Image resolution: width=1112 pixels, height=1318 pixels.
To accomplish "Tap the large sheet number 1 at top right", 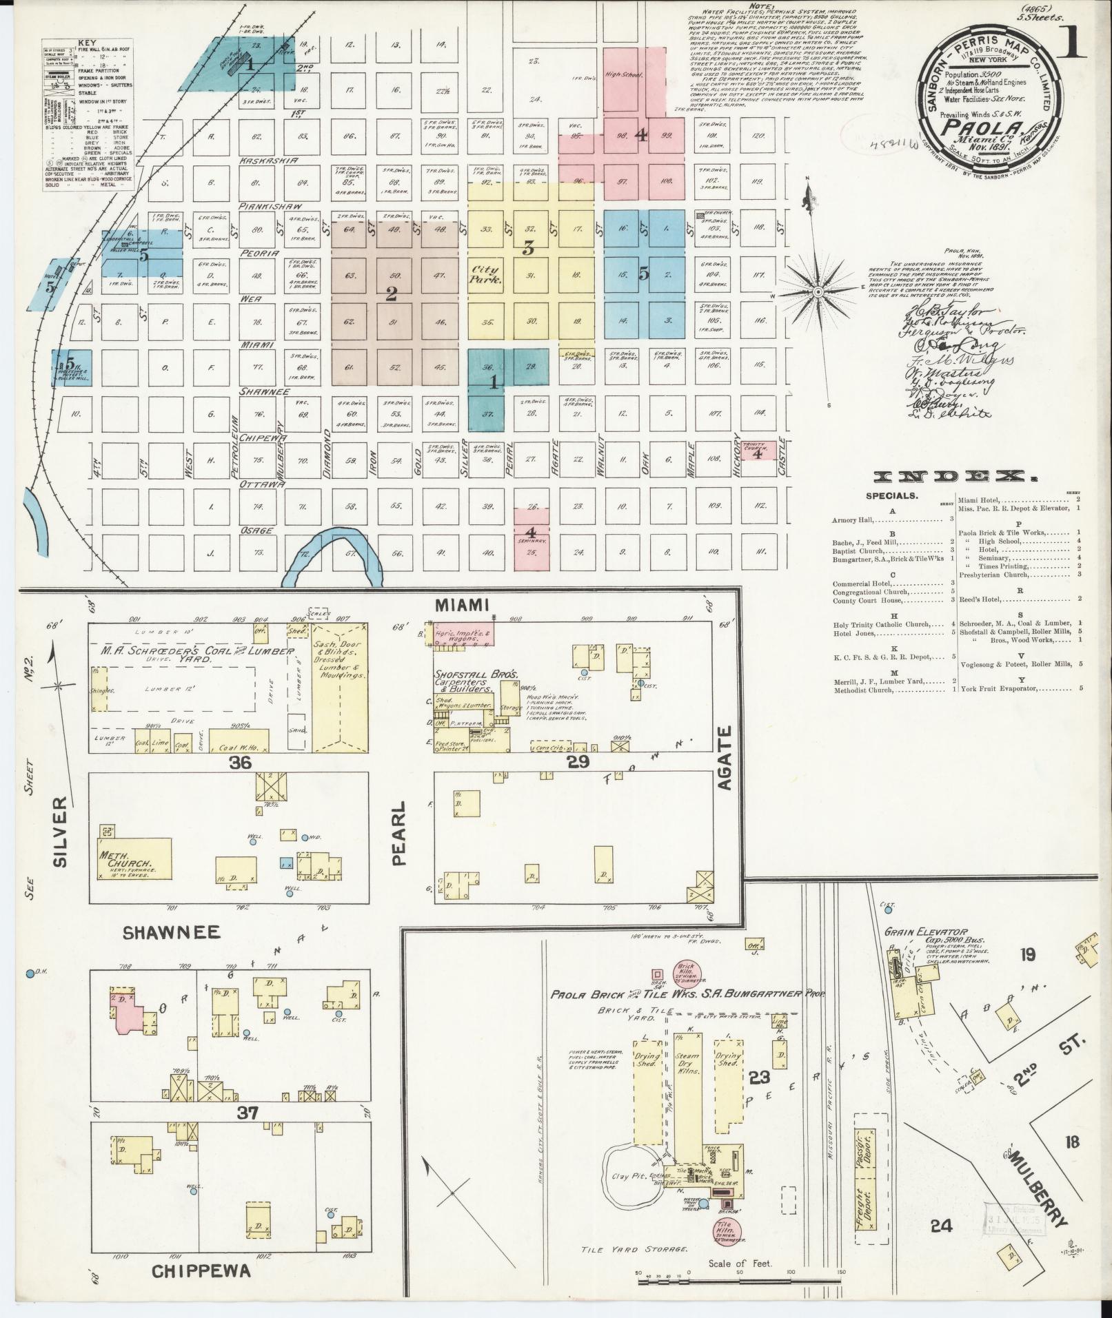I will click(1071, 43).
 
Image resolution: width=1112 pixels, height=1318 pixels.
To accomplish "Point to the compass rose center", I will click(818, 292).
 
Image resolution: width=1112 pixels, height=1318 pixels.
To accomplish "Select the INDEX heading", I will click(956, 477).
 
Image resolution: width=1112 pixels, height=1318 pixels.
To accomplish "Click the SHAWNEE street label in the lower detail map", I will click(172, 933).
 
